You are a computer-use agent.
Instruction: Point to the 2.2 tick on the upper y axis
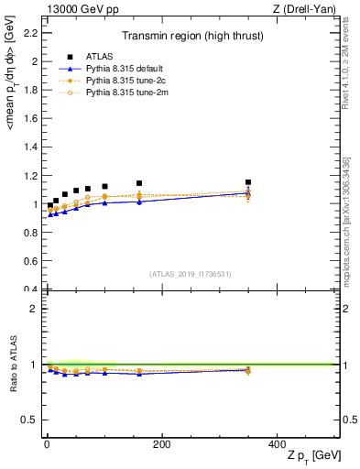click(30, 33)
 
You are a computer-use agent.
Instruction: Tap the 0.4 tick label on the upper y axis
click(30, 290)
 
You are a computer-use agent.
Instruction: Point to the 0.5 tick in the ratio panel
click(30, 420)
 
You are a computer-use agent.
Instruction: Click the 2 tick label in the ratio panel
click(34, 309)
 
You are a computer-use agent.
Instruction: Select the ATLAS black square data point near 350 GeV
click(248, 182)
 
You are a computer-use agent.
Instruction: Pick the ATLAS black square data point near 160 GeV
click(139, 183)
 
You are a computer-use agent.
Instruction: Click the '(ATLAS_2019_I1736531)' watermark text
click(191, 274)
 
